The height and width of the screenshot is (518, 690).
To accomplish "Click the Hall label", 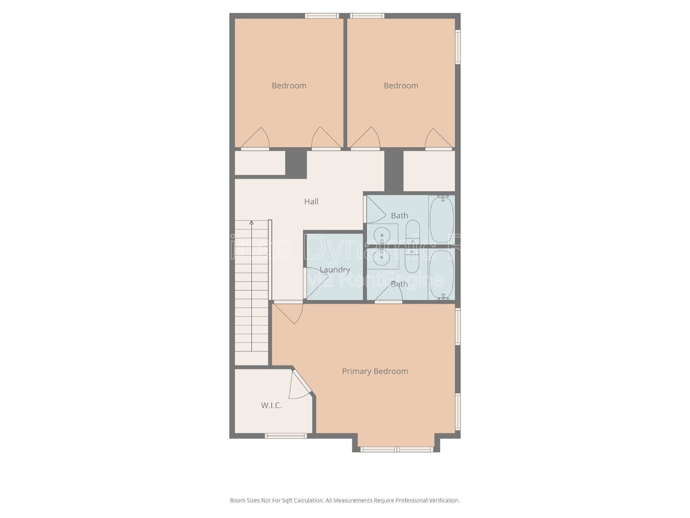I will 311,202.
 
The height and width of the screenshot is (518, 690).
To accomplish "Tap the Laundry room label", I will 335,270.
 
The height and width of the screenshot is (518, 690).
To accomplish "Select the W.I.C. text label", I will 271,405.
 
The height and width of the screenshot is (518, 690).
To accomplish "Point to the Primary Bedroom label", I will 375,371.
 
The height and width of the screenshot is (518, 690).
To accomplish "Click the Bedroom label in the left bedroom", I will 289,85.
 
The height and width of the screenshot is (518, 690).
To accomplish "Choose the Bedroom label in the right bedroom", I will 401,85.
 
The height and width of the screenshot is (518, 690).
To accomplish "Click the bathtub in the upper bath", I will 442,219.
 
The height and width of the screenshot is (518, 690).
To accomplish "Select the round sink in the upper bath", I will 382,235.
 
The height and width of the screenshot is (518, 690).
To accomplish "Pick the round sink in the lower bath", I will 382,256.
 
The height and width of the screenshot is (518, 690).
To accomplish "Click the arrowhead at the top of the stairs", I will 251,223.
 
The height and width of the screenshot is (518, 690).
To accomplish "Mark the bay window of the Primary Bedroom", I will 397,449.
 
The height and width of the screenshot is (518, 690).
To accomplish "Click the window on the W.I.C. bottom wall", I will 285,436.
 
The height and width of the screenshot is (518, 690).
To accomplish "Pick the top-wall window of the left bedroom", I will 321,16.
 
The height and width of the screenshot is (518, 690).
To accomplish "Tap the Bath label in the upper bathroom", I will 399,215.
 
